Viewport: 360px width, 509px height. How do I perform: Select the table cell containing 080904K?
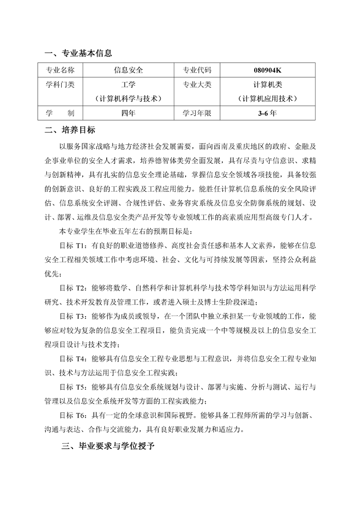(271, 70)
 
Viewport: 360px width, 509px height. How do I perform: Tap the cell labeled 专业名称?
(60, 70)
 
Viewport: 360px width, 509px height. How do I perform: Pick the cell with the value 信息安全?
(128, 70)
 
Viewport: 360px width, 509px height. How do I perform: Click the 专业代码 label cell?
(197, 70)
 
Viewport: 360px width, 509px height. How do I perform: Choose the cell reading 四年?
(128, 113)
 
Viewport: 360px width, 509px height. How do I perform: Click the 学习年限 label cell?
(197, 113)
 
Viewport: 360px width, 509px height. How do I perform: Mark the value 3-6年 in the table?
(271, 113)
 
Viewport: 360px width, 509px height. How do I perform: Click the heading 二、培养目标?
(70, 130)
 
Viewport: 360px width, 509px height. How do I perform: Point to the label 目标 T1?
(73, 245)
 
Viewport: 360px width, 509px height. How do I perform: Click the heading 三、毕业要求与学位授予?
(108, 446)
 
